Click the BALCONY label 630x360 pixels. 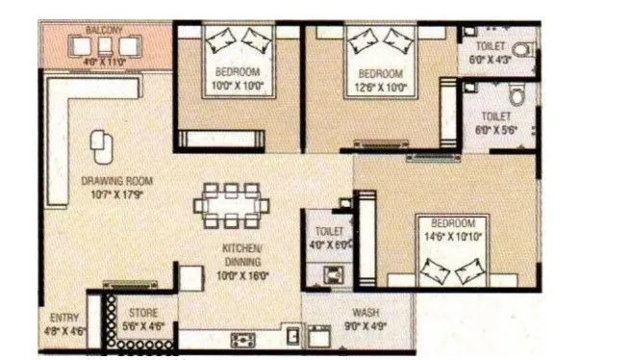(104, 31)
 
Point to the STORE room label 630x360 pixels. (144, 312)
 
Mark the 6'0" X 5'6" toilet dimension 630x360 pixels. (493, 128)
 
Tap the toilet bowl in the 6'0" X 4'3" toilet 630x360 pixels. (520, 49)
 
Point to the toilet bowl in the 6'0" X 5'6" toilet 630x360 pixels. (517, 95)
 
